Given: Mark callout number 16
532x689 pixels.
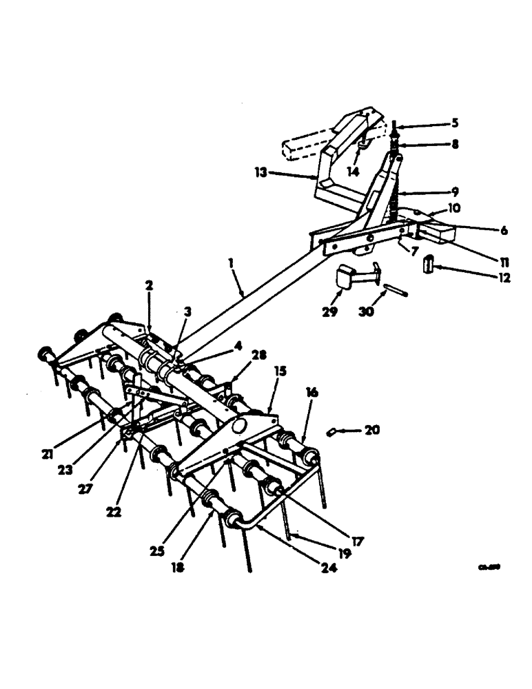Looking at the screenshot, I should pyautogui.click(x=311, y=391).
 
